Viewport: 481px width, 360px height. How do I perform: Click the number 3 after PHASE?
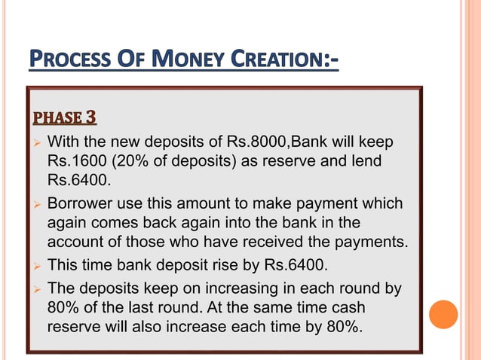pyautogui.click(x=90, y=117)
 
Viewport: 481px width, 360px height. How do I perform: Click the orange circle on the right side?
pyautogui.click(x=443, y=314)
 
